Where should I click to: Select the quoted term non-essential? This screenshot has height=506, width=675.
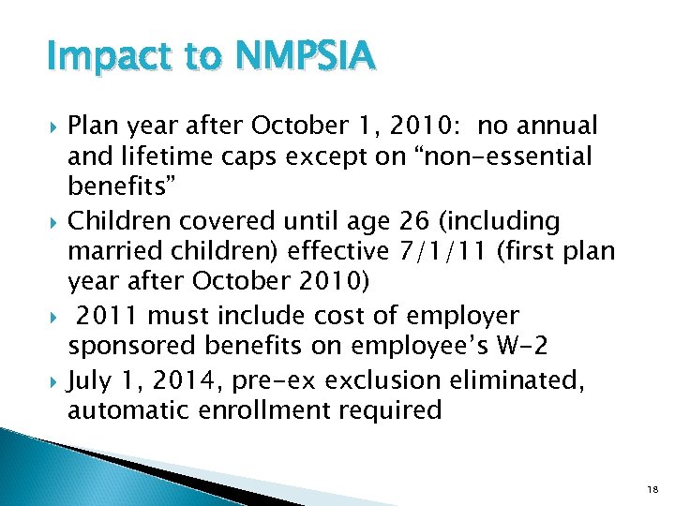pos(505,156)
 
